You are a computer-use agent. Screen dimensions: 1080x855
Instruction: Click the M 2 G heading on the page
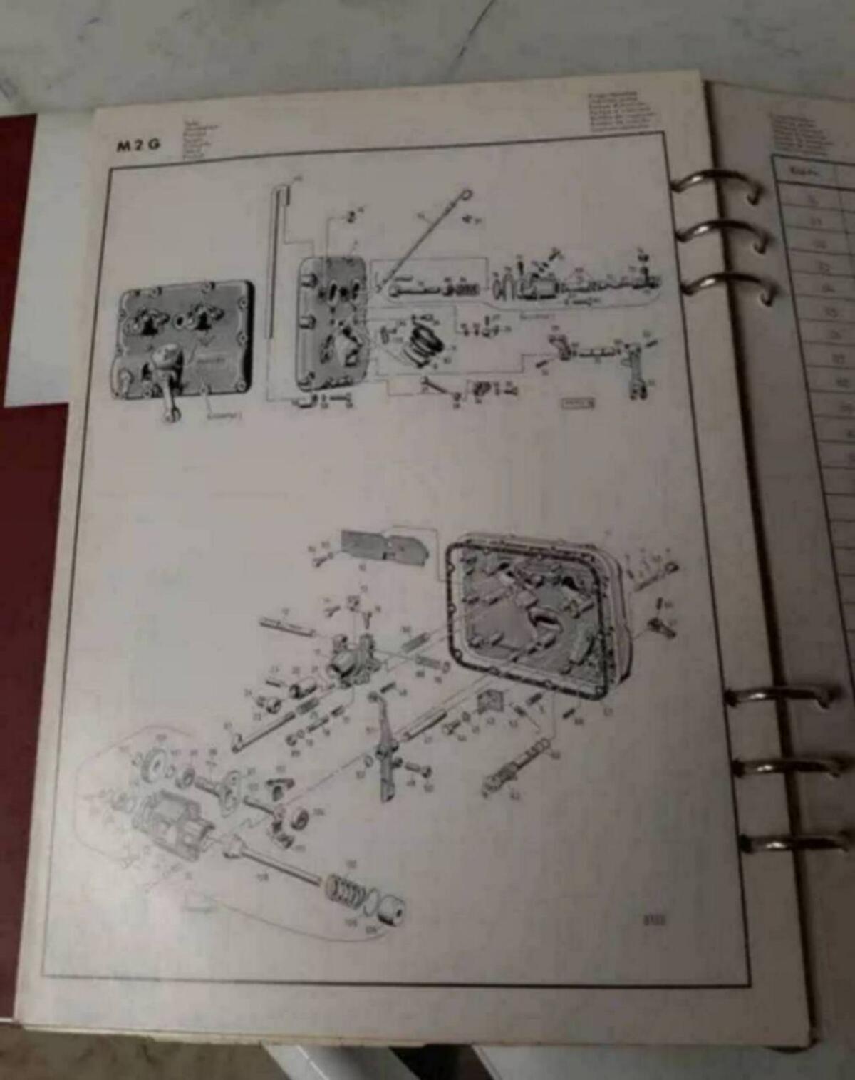139,145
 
